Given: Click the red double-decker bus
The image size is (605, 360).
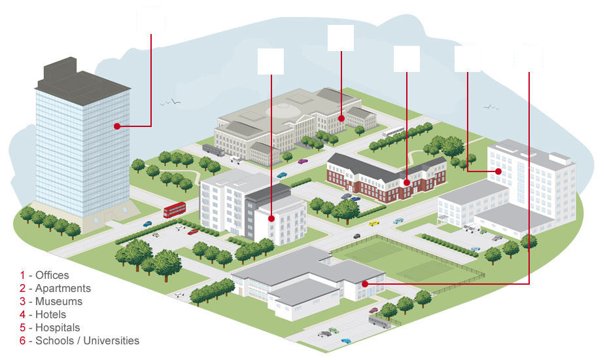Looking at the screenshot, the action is pyautogui.click(x=175, y=209).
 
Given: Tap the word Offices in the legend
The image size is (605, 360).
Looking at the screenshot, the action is pyautogui.click(x=52, y=276).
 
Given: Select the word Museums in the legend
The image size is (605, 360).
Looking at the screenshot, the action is pyautogui.click(x=59, y=302).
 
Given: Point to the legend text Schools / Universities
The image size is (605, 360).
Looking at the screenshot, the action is pyautogui.click(x=87, y=340).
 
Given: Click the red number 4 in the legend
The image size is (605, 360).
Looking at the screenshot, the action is pyautogui.click(x=22, y=315).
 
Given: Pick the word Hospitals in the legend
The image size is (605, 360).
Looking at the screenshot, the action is pyautogui.click(x=58, y=328).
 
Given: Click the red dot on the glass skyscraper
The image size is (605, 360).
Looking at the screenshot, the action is pyautogui.click(x=117, y=126).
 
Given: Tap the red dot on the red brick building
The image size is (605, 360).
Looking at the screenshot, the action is pyautogui.click(x=407, y=183).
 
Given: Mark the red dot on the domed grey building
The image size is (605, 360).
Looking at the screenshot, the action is pyautogui.click(x=341, y=118).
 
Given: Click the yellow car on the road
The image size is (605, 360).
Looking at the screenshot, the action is pyautogui.click(x=374, y=223).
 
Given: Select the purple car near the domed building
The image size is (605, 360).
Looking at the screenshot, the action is pyautogui.click(x=303, y=161).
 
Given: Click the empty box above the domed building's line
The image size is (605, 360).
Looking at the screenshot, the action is pyautogui.click(x=341, y=38).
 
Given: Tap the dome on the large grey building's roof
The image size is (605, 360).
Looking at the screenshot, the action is pyautogui.click(x=284, y=110).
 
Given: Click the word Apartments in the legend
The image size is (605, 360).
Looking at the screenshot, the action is pyautogui.click(x=63, y=289).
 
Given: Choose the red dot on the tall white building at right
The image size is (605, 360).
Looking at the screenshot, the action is pyautogui.click(x=498, y=171).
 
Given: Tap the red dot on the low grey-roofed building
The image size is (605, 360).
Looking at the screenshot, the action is pyautogui.click(x=364, y=284).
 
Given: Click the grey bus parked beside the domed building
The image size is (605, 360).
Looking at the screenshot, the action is pyautogui.click(x=213, y=151).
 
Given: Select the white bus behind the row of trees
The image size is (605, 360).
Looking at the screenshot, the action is pyautogui.click(x=393, y=132).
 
